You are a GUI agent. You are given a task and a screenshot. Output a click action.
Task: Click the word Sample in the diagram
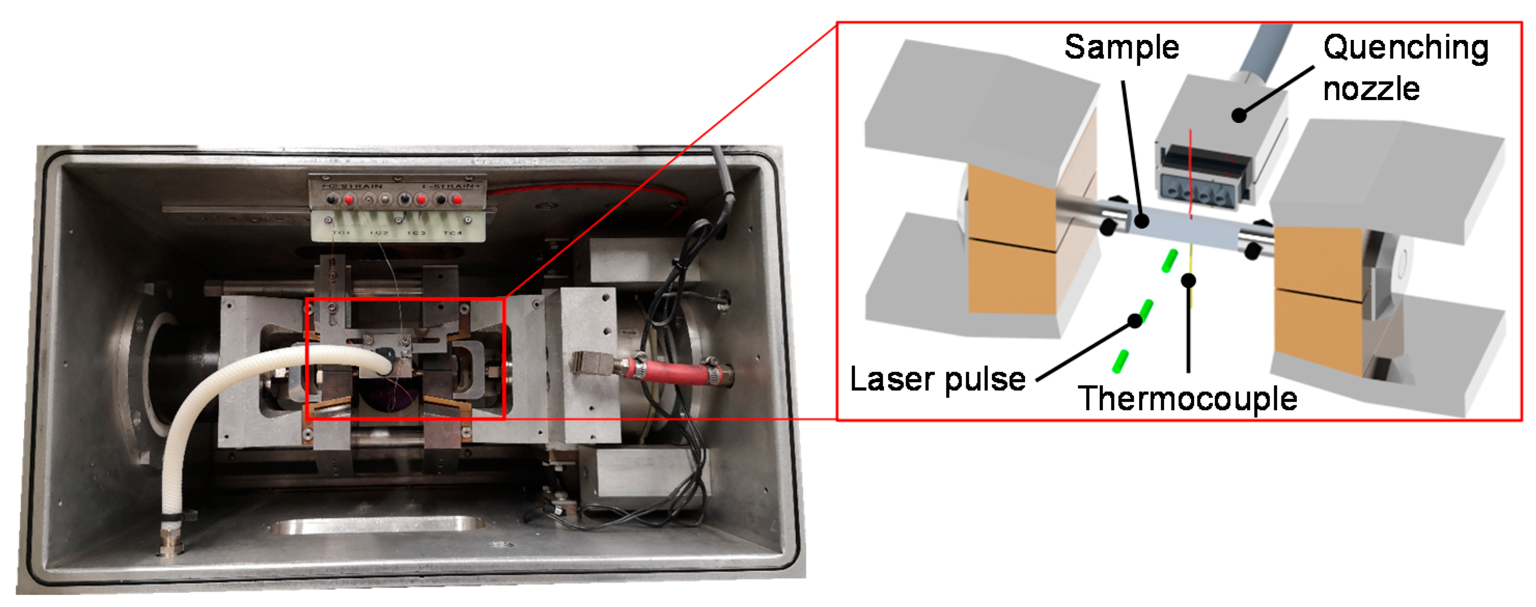click(1121, 48)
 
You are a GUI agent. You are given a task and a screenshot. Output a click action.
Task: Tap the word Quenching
click(1405, 48)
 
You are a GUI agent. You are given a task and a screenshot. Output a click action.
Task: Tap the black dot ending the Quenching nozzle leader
click(1239, 115)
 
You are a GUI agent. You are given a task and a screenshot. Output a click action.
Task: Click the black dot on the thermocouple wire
click(1189, 279)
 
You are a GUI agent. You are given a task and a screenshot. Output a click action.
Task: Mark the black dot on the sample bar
click(1141, 221)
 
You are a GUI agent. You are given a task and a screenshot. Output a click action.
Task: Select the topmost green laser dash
click(1169, 261)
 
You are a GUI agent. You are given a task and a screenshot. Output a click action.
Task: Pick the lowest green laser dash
click(1121, 362)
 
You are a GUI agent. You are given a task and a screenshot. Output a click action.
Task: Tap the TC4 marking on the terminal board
click(452, 233)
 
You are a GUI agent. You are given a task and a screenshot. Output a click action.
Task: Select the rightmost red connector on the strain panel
click(457, 200)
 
